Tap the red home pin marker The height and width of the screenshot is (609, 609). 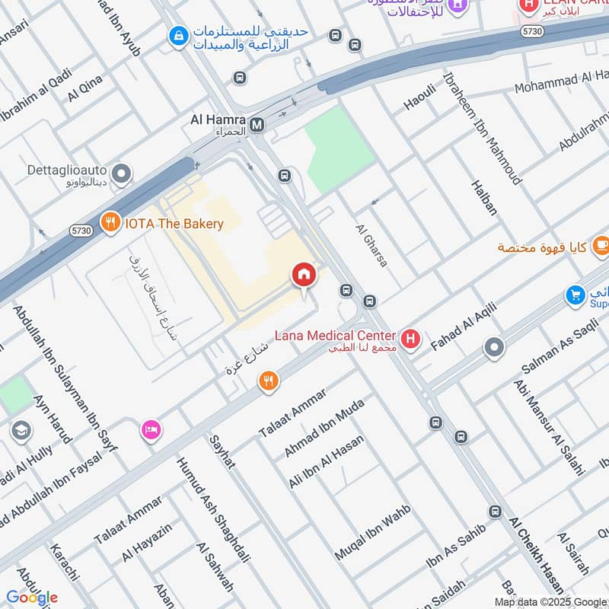pyautogui.click(x=304, y=275)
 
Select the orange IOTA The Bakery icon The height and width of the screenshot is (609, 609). pyautogui.click(x=111, y=223)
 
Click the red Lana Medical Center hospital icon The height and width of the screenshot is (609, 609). pyautogui.click(x=411, y=339)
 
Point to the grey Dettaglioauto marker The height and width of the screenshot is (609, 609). pyautogui.click(x=120, y=174)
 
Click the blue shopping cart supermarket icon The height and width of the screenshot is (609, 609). pyautogui.click(x=576, y=295)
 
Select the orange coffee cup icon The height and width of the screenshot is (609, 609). pyautogui.click(x=601, y=245)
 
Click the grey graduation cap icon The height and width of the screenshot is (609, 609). pyautogui.click(x=21, y=432)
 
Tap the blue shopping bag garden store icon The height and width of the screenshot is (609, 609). pyautogui.click(x=178, y=35)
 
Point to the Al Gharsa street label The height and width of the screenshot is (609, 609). pyautogui.click(x=371, y=244)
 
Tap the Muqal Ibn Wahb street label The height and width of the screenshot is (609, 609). pyautogui.click(x=372, y=532)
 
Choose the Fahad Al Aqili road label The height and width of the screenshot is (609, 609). pyautogui.click(x=463, y=327)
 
